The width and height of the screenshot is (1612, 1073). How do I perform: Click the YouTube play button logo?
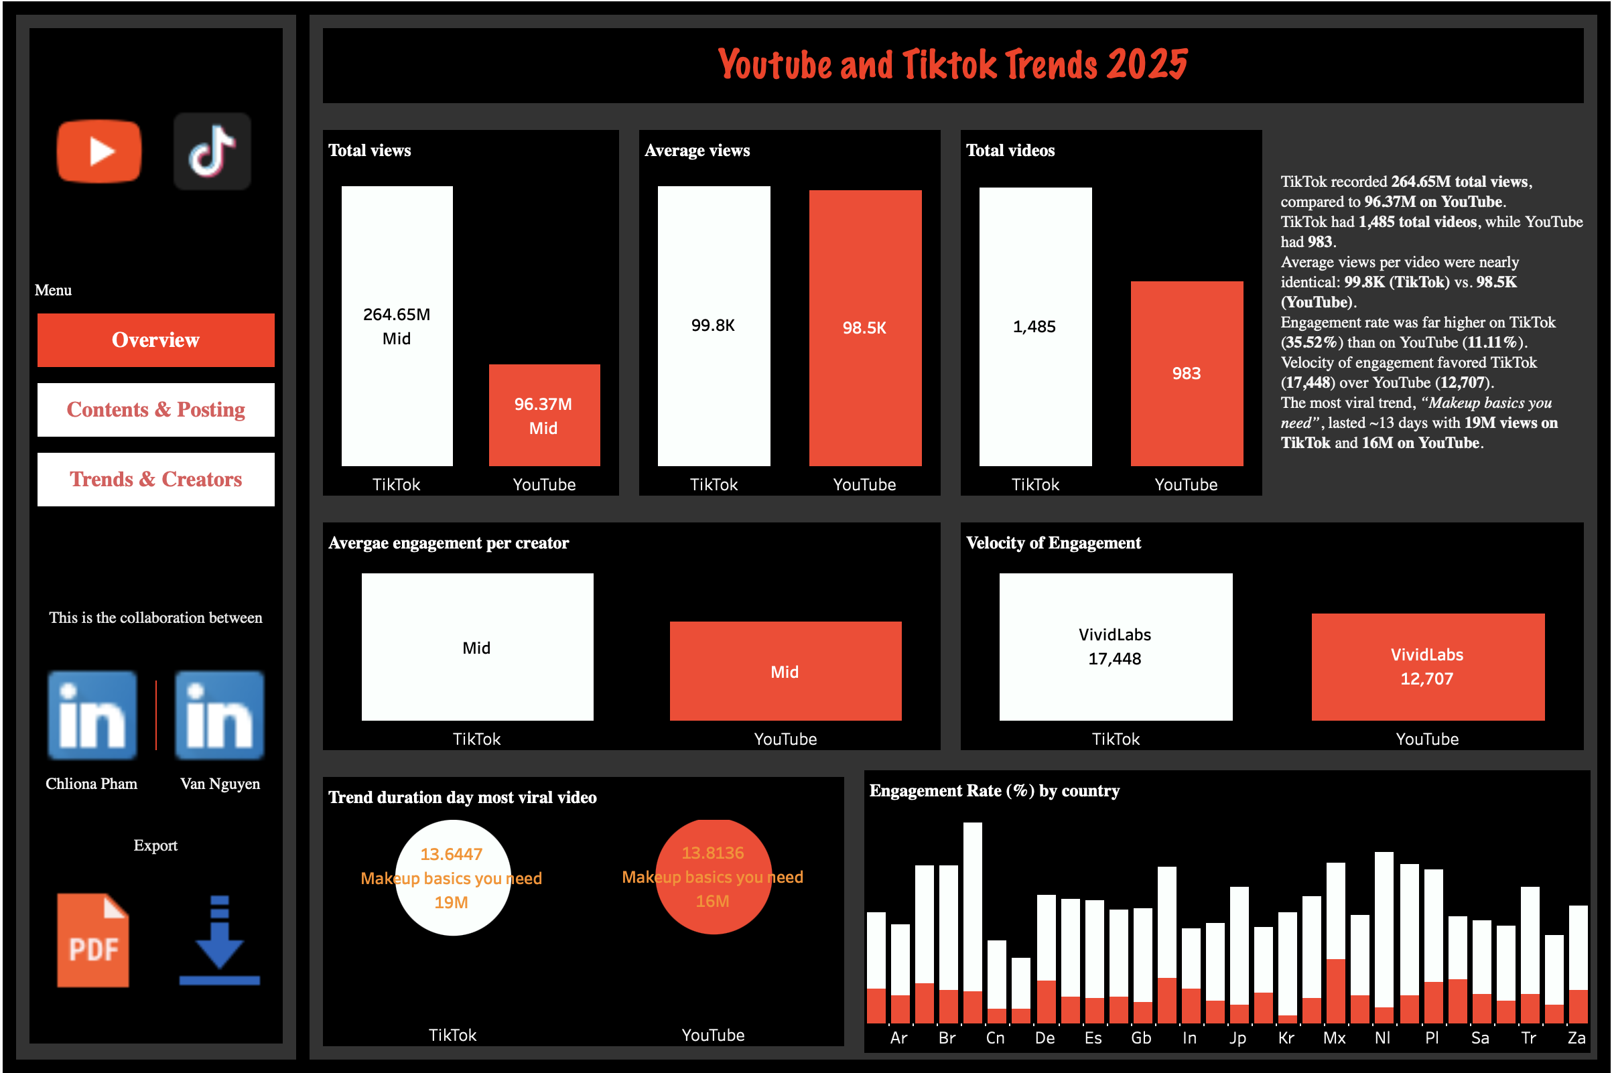99,151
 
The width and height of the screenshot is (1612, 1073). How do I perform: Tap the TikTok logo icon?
212,151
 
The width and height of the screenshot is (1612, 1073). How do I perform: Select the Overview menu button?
156,340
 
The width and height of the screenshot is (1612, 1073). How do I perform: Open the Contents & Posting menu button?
156,410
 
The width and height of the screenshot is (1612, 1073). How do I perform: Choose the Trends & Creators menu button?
156,480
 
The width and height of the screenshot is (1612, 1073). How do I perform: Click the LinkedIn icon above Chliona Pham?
92,715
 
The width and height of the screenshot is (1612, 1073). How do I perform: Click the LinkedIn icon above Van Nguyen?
219,715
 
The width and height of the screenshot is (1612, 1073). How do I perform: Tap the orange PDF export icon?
93,940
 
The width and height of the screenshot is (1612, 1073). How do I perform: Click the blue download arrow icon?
219,940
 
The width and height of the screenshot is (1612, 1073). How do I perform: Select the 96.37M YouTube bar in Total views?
544,415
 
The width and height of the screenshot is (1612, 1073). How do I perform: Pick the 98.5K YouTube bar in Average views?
864,328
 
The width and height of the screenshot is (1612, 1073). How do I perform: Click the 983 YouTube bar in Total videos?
1187,374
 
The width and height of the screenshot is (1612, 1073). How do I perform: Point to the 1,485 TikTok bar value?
1034,326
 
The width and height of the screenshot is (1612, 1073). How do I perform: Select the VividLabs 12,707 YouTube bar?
1427,667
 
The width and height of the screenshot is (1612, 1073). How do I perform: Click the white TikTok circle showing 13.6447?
452,878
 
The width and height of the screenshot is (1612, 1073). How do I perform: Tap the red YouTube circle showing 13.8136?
714,877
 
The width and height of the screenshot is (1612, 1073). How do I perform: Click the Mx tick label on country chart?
1334,1038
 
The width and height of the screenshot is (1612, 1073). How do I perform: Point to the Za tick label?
1576,1038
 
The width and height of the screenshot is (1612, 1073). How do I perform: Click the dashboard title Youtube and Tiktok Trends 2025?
952,65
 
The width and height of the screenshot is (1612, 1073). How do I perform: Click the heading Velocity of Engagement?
1053,543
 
